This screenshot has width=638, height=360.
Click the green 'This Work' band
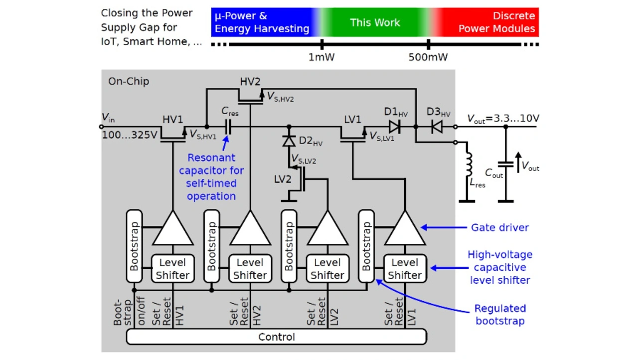click(375, 22)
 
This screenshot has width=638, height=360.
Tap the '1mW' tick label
click(321, 57)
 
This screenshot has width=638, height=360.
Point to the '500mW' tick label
click(428, 57)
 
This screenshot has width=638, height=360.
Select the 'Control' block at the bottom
click(276, 337)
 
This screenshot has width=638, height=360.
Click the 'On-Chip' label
click(129, 81)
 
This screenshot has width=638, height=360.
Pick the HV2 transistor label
click(250, 82)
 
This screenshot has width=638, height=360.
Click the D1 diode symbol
click(395, 127)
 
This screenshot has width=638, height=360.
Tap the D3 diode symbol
click(437, 127)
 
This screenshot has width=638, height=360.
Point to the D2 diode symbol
click(289, 141)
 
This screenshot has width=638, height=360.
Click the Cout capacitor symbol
click(505, 165)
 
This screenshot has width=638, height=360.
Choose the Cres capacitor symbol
click(228, 127)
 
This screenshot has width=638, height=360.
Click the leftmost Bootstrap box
click(134, 247)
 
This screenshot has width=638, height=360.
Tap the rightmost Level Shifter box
click(405, 269)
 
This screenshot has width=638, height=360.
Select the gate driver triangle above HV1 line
click(172, 229)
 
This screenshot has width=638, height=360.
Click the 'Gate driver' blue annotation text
click(500, 228)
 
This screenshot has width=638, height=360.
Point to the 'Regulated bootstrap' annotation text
click(500, 315)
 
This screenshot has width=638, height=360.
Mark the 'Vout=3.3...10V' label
click(503, 119)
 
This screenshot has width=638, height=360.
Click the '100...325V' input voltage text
click(130, 135)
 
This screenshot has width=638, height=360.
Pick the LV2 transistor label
click(283, 179)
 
